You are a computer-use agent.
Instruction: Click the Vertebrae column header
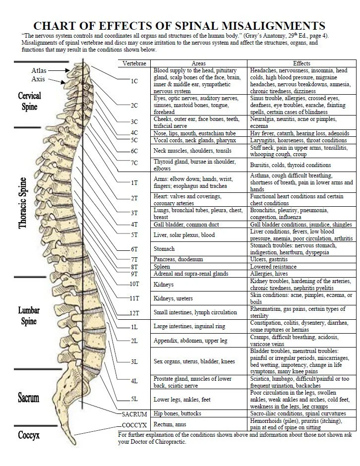134,63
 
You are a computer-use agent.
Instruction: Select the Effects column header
301,63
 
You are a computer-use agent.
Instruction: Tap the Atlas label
39,71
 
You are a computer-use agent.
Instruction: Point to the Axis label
39,79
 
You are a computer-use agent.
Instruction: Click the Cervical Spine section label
30,101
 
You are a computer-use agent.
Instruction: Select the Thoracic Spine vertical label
23,203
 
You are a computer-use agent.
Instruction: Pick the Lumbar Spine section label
29,316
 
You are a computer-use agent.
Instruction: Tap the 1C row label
134,81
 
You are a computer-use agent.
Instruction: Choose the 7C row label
134,163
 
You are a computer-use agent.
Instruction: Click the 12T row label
134,313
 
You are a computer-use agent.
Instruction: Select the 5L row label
134,399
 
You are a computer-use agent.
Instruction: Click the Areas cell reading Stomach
164,249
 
